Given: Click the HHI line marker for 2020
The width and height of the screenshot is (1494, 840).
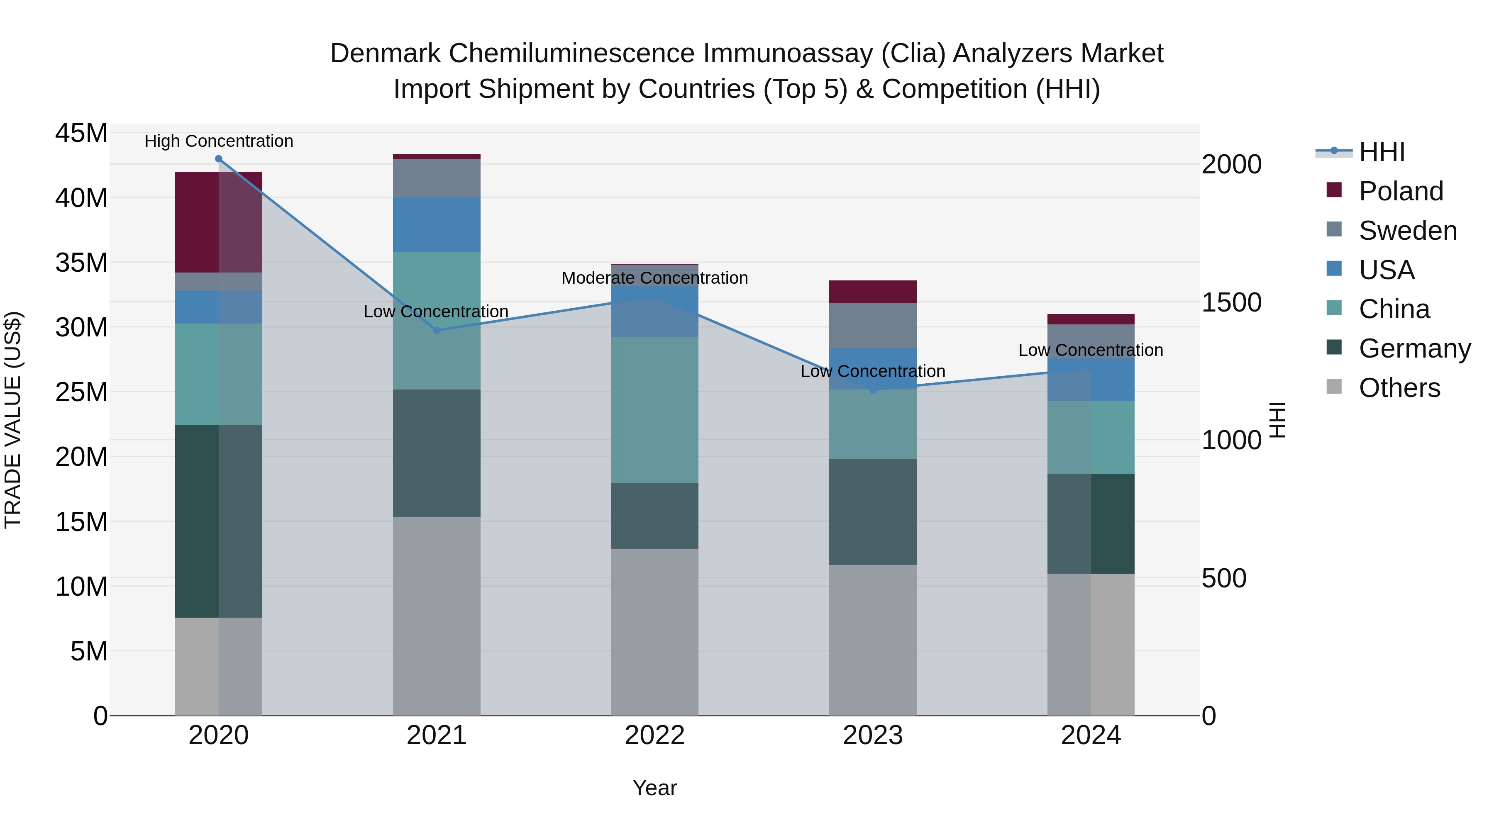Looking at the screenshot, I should (219, 159).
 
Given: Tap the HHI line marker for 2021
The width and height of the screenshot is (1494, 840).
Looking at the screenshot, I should (437, 331).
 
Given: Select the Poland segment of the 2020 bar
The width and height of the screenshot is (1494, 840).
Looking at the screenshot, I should (219, 222).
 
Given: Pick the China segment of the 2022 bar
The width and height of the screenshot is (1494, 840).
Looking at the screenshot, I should (655, 410).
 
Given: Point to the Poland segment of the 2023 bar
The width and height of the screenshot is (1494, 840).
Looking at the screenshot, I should (873, 292).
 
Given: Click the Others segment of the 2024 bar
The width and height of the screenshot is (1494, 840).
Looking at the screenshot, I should (1091, 644).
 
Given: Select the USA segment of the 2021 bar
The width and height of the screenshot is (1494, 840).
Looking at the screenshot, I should (437, 224).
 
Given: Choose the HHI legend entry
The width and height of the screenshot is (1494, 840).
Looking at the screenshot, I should (1382, 152).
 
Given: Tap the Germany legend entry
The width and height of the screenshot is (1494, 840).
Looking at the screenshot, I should (1414, 348).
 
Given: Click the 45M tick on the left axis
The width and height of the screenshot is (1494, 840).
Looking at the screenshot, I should (81, 133).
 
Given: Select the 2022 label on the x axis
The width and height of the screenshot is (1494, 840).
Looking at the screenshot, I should (655, 735).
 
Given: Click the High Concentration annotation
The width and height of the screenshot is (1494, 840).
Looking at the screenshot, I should (219, 141).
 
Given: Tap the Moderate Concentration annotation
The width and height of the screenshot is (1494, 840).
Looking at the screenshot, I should (655, 278).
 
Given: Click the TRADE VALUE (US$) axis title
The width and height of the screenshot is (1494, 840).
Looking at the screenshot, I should (13, 420).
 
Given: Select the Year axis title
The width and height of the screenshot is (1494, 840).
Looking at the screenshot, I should (655, 788).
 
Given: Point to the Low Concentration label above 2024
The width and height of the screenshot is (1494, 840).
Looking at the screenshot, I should (1091, 350).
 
